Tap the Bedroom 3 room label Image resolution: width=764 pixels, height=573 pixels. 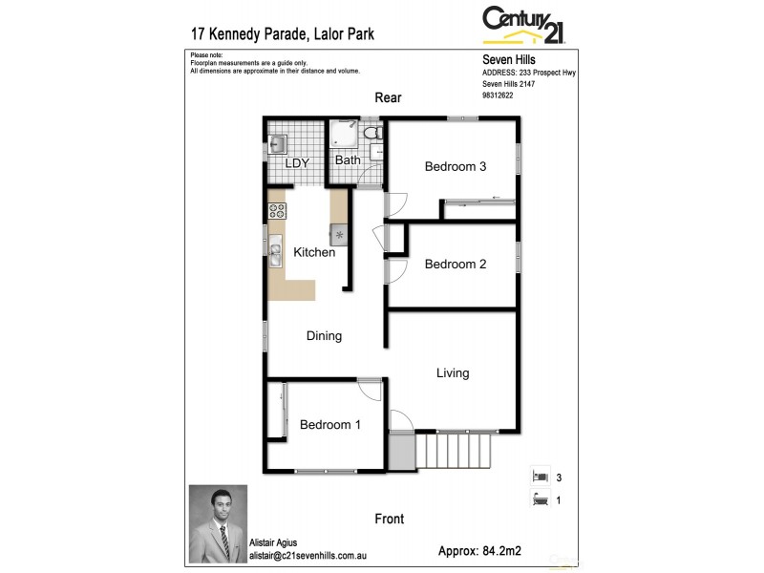[x=456, y=166]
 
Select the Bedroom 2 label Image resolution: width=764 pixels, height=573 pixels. [x=456, y=264]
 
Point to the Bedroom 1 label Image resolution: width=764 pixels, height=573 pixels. [x=329, y=425]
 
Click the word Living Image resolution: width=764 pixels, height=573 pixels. [x=453, y=372]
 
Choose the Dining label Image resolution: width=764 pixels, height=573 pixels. [x=324, y=335]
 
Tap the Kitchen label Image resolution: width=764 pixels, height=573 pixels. [x=314, y=252]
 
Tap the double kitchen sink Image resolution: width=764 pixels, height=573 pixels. [x=275, y=254]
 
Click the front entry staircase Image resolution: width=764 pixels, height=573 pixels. [x=454, y=446]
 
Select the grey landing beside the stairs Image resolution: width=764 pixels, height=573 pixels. [x=403, y=450]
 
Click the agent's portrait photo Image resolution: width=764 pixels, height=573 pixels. [x=218, y=524]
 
